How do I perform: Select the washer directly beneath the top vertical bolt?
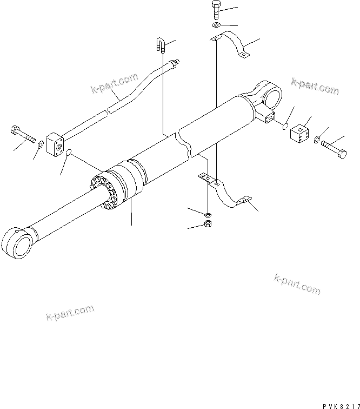point(215,25)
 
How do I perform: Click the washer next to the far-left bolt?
point(41,144)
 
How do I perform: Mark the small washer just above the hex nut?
point(209,212)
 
